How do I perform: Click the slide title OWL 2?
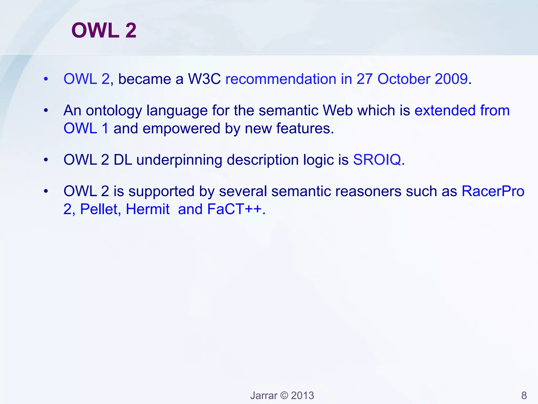pos(104,30)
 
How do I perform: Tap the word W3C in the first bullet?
pos(204,79)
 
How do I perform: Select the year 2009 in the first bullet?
pos(451,79)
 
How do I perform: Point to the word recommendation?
pos(281,79)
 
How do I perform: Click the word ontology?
pos(114,110)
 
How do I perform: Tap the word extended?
pos(445,110)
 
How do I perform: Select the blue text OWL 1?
pos(86,129)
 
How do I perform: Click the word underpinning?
pos(179,160)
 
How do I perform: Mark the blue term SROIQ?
pos(377,160)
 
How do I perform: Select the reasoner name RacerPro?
pos(493,191)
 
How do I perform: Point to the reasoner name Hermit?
pos(148,209)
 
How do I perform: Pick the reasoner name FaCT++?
pos(235,209)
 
